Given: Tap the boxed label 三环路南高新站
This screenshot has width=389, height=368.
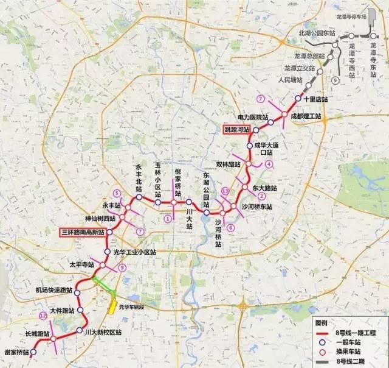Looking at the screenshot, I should point(83,232).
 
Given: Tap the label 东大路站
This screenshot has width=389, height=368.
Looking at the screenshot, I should point(265,188).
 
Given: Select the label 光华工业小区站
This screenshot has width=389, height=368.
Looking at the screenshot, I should point(134,252).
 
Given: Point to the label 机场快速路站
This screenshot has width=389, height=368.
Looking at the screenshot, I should point(54,290).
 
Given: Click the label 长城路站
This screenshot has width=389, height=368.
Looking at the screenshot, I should point(35,333).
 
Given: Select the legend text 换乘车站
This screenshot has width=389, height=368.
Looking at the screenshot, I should point(351,352).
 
